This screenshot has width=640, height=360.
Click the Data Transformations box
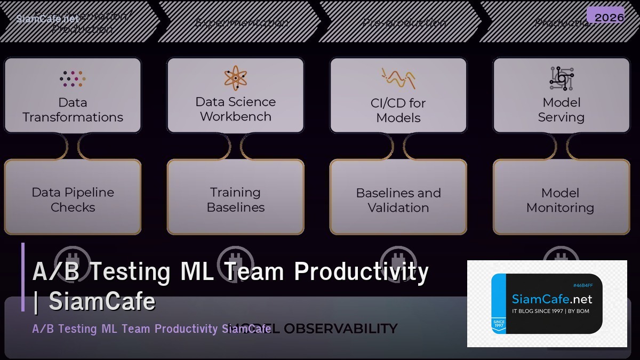(73, 95)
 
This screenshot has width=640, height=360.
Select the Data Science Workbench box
(235, 95)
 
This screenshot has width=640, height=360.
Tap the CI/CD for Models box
(398, 95)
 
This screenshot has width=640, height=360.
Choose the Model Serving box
(561, 95)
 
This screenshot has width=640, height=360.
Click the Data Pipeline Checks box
(73, 197)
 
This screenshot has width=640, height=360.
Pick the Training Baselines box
(235, 197)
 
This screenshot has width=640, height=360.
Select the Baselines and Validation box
(398, 197)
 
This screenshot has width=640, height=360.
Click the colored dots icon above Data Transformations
(73, 78)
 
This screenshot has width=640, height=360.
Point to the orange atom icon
(235, 78)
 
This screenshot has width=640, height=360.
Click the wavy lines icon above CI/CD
(398, 78)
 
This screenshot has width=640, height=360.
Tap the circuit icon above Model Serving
(561, 78)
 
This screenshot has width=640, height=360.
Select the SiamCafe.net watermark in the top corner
(47, 19)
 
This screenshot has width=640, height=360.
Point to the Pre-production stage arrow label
(404, 23)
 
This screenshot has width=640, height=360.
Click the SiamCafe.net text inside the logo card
(551, 299)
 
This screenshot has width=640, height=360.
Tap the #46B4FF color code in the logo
(582, 285)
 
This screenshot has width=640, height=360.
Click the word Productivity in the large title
(361, 271)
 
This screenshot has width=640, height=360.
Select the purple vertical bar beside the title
(23, 277)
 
